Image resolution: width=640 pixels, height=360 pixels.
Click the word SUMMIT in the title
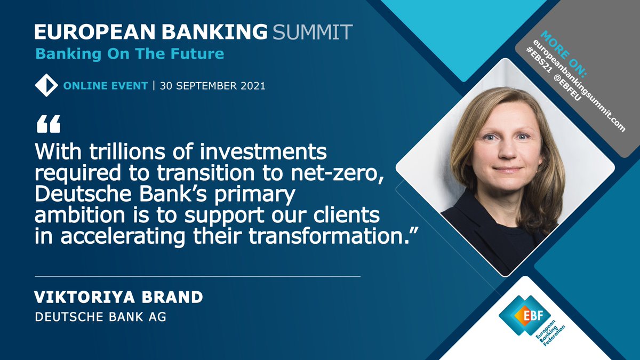(312, 32)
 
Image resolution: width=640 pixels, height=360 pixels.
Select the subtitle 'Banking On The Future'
(130, 54)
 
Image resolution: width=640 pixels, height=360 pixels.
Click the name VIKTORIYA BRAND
(118, 298)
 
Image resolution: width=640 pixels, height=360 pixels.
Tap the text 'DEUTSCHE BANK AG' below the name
(100, 317)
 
